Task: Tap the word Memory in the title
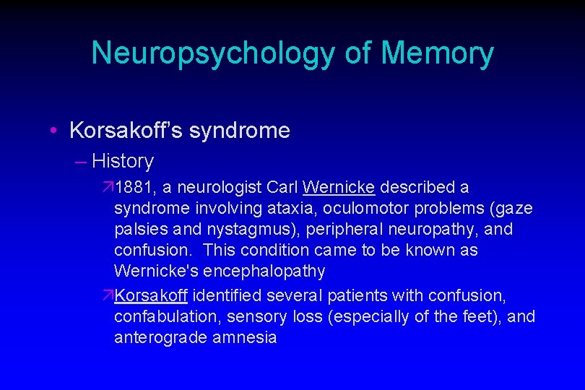437,53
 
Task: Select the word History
123,160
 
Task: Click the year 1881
135,188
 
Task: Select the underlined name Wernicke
339,188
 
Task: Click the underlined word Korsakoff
151,295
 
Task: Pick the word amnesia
247,337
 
